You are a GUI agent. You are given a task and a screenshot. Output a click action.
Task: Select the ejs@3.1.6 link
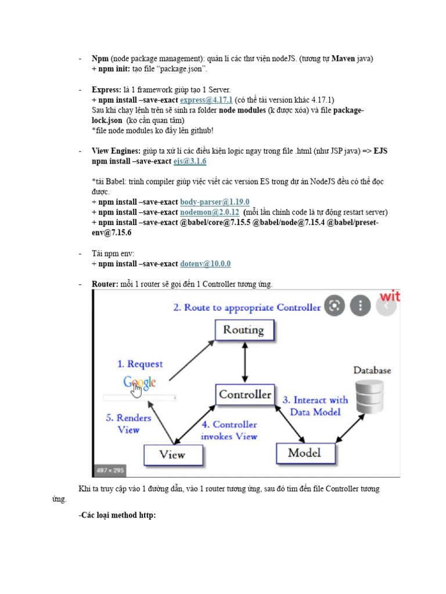pyautogui.click(x=190, y=161)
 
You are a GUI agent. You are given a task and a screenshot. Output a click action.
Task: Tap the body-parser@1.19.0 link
pyautogui.click(x=214, y=202)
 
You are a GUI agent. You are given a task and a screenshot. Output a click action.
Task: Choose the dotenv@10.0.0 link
pyautogui.click(x=205, y=263)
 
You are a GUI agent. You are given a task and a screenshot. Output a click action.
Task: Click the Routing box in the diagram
pyautogui.click(x=243, y=330)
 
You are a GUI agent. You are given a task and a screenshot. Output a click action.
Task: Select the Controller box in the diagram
pyautogui.click(x=245, y=395)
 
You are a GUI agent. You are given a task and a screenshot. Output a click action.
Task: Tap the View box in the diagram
pyautogui.click(x=172, y=454)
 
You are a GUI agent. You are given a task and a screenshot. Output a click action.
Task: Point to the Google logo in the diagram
pyautogui.click(x=139, y=383)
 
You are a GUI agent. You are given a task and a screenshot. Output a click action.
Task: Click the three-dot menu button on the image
pyautogui.click(x=361, y=305)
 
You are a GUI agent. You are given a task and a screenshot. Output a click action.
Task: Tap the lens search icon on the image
pyautogui.click(x=334, y=305)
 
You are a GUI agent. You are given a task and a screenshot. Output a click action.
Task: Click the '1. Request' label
pyautogui.click(x=140, y=364)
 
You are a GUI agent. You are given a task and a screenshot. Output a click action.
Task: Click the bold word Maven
pyautogui.click(x=343, y=59)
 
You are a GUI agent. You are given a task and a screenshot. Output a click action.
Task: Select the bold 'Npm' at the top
pyautogui.click(x=100, y=59)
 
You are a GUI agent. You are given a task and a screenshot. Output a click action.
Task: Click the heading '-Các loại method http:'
pyautogui.click(x=117, y=515)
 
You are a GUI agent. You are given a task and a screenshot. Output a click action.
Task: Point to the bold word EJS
pyautogui.click(x=380, y=151)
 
